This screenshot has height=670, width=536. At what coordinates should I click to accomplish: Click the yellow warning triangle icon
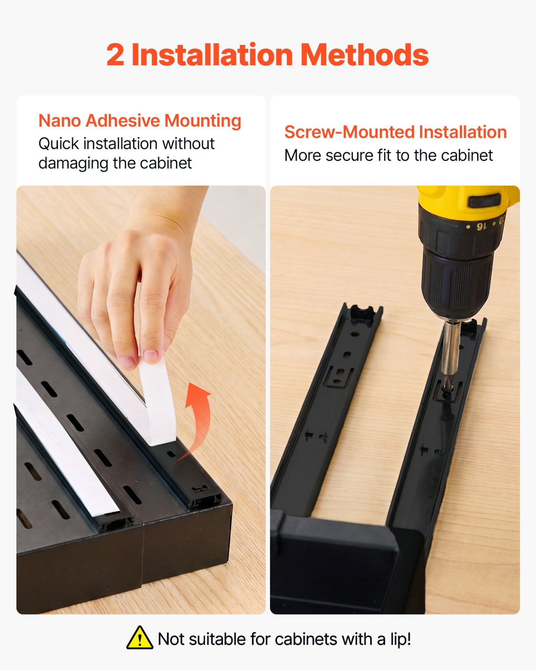coord(139,638)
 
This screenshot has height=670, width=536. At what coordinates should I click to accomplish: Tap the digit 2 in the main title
coord(115,55)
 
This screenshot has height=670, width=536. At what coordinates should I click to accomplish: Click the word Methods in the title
coord(364,55)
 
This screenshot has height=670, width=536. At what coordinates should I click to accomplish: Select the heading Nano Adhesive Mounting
coord(140,121)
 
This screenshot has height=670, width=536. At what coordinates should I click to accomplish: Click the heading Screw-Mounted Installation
coord(395,132)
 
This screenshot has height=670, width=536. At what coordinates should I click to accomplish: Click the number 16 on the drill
coord(481,226)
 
